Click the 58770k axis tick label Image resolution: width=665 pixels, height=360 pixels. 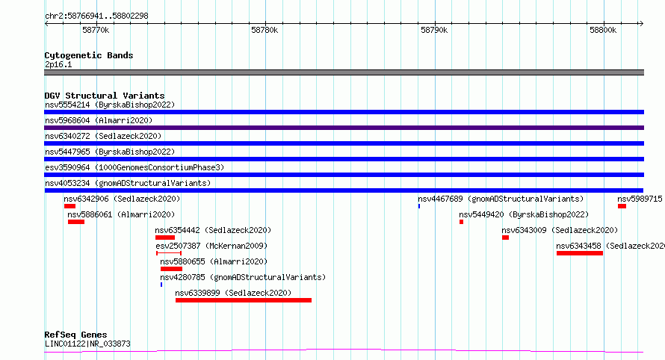tap(96, 30)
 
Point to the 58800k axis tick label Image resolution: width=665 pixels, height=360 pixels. tap(603, 30)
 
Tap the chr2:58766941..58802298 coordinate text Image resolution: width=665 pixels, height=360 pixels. tap(96, 16)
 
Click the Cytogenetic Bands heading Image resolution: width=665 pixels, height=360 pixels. tap(89, 55)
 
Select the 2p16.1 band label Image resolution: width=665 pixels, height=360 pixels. tap(58, 64)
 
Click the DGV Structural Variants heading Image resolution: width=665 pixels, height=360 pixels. tap(105, 96)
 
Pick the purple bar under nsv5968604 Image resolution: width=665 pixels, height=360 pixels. tap(344, 128)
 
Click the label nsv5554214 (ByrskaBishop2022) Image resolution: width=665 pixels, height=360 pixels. tap(110, 105)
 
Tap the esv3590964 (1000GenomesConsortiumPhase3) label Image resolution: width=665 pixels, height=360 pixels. tap(134, 167)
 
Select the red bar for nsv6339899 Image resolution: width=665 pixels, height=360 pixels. tap(244, 300)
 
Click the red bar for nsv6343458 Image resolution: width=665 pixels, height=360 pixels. tap(580, 253)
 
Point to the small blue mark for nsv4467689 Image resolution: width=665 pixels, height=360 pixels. tap(419, 206)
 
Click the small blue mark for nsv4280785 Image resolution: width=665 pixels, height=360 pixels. tap(161, 285)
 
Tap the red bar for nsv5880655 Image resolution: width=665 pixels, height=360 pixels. tap(171, 269)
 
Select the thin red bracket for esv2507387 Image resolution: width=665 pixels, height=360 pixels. tap(169, 253)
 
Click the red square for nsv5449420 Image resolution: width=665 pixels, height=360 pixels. tap(462, 222)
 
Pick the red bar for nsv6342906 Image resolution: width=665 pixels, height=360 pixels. tap(69, 206)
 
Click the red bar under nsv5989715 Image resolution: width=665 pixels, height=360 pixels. tap(622, 206)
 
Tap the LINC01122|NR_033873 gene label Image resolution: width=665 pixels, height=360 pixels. tap(87, 344)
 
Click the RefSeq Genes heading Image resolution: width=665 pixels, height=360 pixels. tap(75, 335)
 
